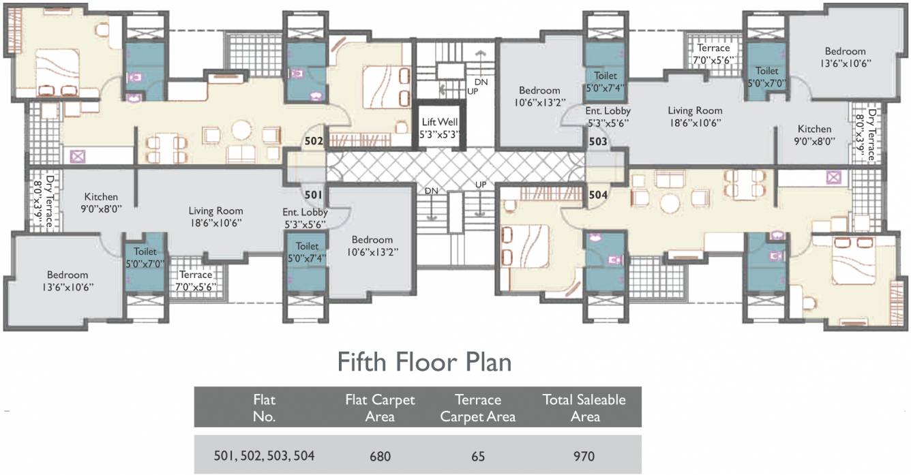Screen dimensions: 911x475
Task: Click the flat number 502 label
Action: (x=314, y=141)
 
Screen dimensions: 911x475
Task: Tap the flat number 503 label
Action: (x=598, y=141)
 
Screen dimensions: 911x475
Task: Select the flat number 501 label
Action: (x=313, y=195)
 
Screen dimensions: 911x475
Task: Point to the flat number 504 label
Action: (x=598, y=195)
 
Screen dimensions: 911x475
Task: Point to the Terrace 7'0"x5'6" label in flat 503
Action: (x=713, y=54)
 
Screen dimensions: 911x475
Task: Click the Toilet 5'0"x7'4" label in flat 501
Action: (x=307, y=252)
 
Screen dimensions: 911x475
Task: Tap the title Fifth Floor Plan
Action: (x=424, y=363)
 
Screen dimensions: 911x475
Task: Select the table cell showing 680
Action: (x=380, y=456)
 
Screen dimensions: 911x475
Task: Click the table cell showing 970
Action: (x=584, y=456)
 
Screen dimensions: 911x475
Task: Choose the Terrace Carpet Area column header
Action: (x=478, y=408)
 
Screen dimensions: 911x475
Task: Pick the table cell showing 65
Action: (x=478, y=456)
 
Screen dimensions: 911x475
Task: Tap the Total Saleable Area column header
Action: (x=584, y=408)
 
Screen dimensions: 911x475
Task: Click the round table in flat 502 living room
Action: (x=241, y=130)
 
